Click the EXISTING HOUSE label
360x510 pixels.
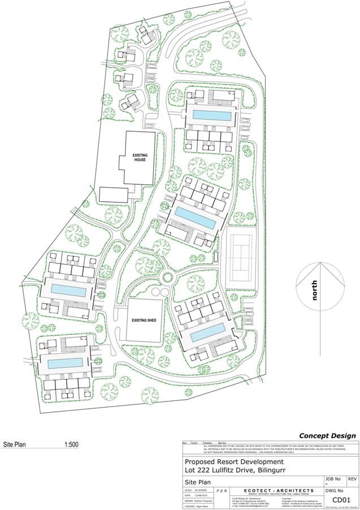pyautogui.click(x=140, y=157)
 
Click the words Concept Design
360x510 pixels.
pyautogui.click(x=327, y=435)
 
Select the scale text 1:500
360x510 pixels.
pyautogui.click(x=71, y=444)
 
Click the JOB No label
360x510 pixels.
pyautogui.click(x=333, y=479)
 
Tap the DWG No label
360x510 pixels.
pyautogui.click(x=333, y=490)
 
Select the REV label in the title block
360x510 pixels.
pyautogui.click(x=353, y=479)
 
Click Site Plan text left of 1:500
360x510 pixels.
pyautogui.click(x=15, y=444)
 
